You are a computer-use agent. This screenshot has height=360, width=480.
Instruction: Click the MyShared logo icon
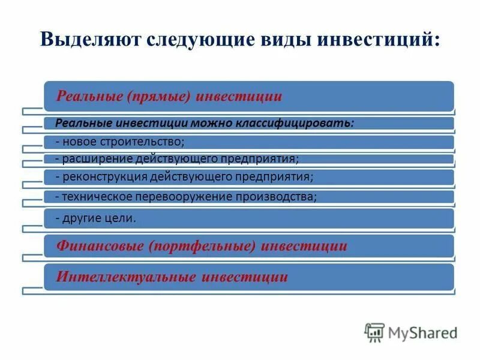374,332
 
